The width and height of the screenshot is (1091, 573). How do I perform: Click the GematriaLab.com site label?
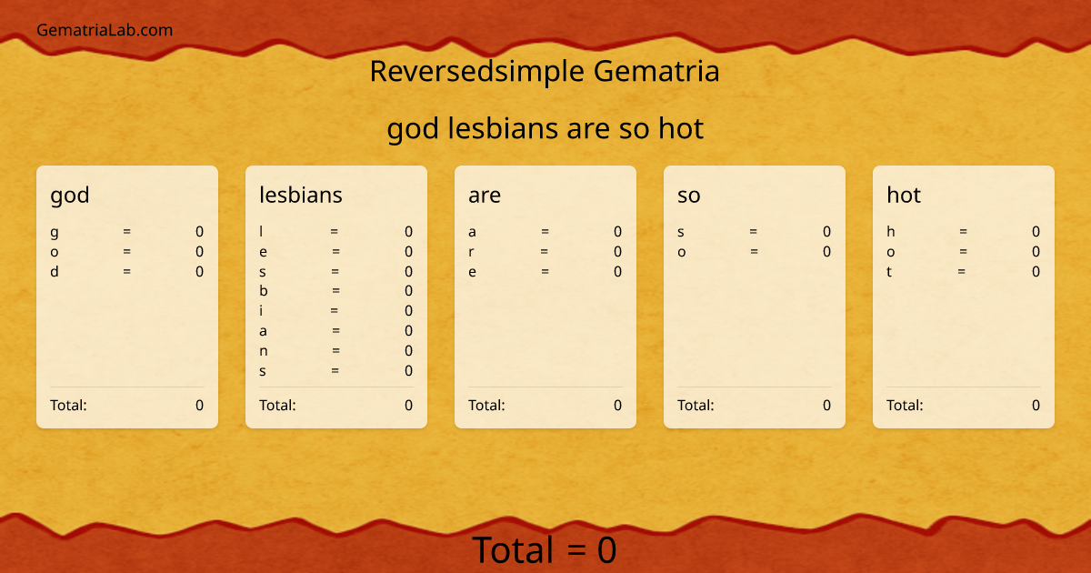point(105,30)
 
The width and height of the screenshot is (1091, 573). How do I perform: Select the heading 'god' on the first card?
point(70,195)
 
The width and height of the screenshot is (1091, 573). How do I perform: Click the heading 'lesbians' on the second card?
point(301,195)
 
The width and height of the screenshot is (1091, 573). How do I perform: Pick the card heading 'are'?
point(485,195)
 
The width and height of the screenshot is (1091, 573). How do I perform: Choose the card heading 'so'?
point(689,195)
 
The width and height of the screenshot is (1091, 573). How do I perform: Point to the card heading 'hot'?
point(904,195)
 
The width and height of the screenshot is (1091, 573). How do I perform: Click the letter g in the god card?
point(55,232)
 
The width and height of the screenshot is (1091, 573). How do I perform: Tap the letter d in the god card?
point(55,271)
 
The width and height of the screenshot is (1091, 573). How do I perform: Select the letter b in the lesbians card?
point(264,291)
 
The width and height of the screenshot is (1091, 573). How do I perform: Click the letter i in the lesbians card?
point(261,311)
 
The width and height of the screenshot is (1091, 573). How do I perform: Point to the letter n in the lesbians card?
point(264,351)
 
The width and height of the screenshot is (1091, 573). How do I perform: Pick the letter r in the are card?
point(471,252)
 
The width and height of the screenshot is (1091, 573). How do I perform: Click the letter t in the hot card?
point(890,271)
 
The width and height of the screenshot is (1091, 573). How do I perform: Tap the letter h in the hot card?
point(891,232)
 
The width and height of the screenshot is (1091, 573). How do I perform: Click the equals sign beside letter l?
point(335,232)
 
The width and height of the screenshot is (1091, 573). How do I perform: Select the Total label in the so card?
point(696,406)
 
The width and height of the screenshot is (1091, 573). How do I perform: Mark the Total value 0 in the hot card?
point(1036,406)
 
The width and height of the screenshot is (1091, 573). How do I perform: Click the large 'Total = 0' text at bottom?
point(545,550)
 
